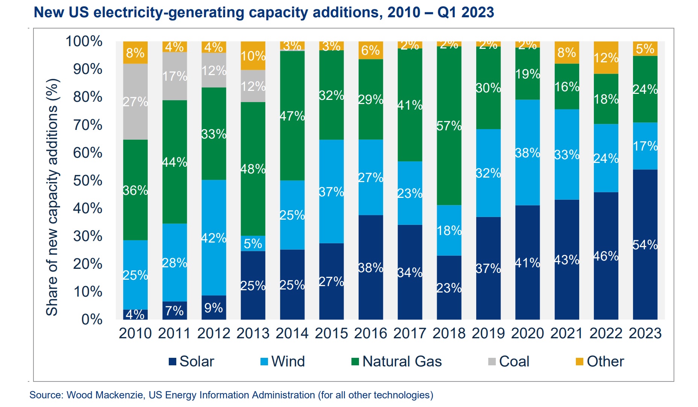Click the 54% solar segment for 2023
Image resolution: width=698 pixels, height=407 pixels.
(x=645, y=244)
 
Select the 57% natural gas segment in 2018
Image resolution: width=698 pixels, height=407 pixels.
(x=449, y=126)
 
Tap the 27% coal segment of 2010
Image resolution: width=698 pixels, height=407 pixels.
(x=135, y=101)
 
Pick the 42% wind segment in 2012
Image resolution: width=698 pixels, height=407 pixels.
(x=213, y=238)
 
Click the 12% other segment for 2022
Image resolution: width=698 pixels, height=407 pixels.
(x=606, y=57)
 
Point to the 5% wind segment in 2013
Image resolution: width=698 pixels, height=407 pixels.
(x=253, y=243)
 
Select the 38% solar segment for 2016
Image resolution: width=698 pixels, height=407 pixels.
(x=371, y=267)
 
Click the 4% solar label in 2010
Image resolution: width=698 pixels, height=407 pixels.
(x=135, y=314)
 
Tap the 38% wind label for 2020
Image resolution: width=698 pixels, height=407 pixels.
(x=527, y=153)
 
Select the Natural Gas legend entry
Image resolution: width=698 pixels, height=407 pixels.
(x=397, y=362)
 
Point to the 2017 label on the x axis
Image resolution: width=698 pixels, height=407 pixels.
(x=410, y=333)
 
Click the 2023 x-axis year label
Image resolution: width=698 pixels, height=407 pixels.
(x=645, y=333)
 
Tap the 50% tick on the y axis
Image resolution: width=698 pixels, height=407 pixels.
(x=88, y=181)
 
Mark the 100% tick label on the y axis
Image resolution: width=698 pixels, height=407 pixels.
(x=84, y=41)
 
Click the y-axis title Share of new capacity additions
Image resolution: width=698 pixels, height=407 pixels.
(x=52, y=197)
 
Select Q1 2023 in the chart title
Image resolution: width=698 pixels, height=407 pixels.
(x=465, y=12)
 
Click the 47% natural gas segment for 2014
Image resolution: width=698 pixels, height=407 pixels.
(x=292, y=116)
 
